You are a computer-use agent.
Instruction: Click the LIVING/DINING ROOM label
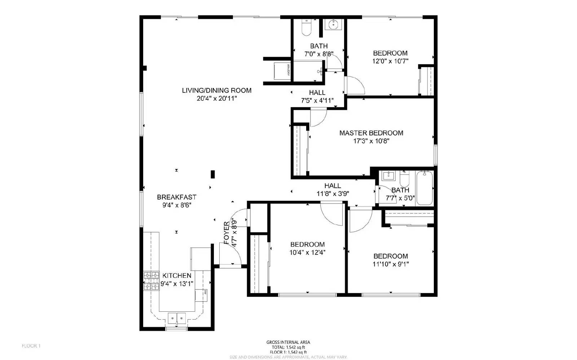pos(216,90)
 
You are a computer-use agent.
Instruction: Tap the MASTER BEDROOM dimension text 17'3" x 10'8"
pos(371,141)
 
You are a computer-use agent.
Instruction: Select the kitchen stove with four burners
pos(151,281)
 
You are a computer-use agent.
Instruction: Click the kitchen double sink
pos(177,318)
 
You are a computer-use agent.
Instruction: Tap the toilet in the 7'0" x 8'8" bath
pos(306,28)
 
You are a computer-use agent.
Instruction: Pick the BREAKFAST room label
pos(177,197)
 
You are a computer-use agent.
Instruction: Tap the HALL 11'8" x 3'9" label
pos(332,186)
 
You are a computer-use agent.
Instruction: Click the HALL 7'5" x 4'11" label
pos(317,93)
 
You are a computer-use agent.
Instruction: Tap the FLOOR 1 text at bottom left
pos(31,346)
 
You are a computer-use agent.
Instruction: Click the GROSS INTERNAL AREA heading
pos(288,342)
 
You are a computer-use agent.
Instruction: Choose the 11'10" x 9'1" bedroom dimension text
pos(391,264)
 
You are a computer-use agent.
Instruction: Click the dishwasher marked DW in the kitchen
pos(201,294)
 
